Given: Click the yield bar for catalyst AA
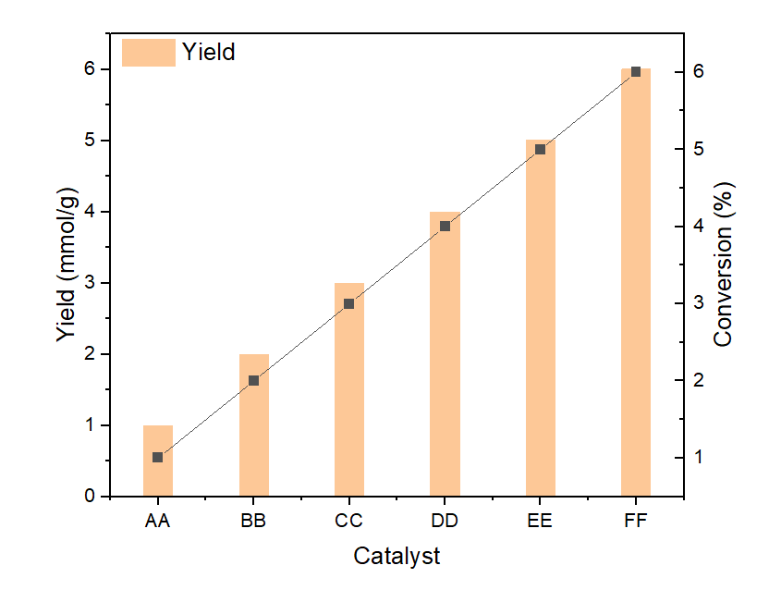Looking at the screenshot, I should click(158, 476).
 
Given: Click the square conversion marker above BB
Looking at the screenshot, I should click(253, 380).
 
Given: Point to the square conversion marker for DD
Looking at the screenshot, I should click(445, 226).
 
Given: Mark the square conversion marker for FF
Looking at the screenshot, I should click(636, 71).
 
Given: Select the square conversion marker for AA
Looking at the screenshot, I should click(158, 457).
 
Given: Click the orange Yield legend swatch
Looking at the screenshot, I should click(148, 52).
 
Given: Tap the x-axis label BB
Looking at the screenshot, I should click(253, 521).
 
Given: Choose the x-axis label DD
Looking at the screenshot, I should click(445, 521).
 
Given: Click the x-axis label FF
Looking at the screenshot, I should click(636, 521).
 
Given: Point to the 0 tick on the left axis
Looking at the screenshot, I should click(92, 497).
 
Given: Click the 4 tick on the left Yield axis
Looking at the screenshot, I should click(92, 212).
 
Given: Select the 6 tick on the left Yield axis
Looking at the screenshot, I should click(92, 69).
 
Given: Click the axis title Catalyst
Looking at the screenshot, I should click(397, 557).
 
